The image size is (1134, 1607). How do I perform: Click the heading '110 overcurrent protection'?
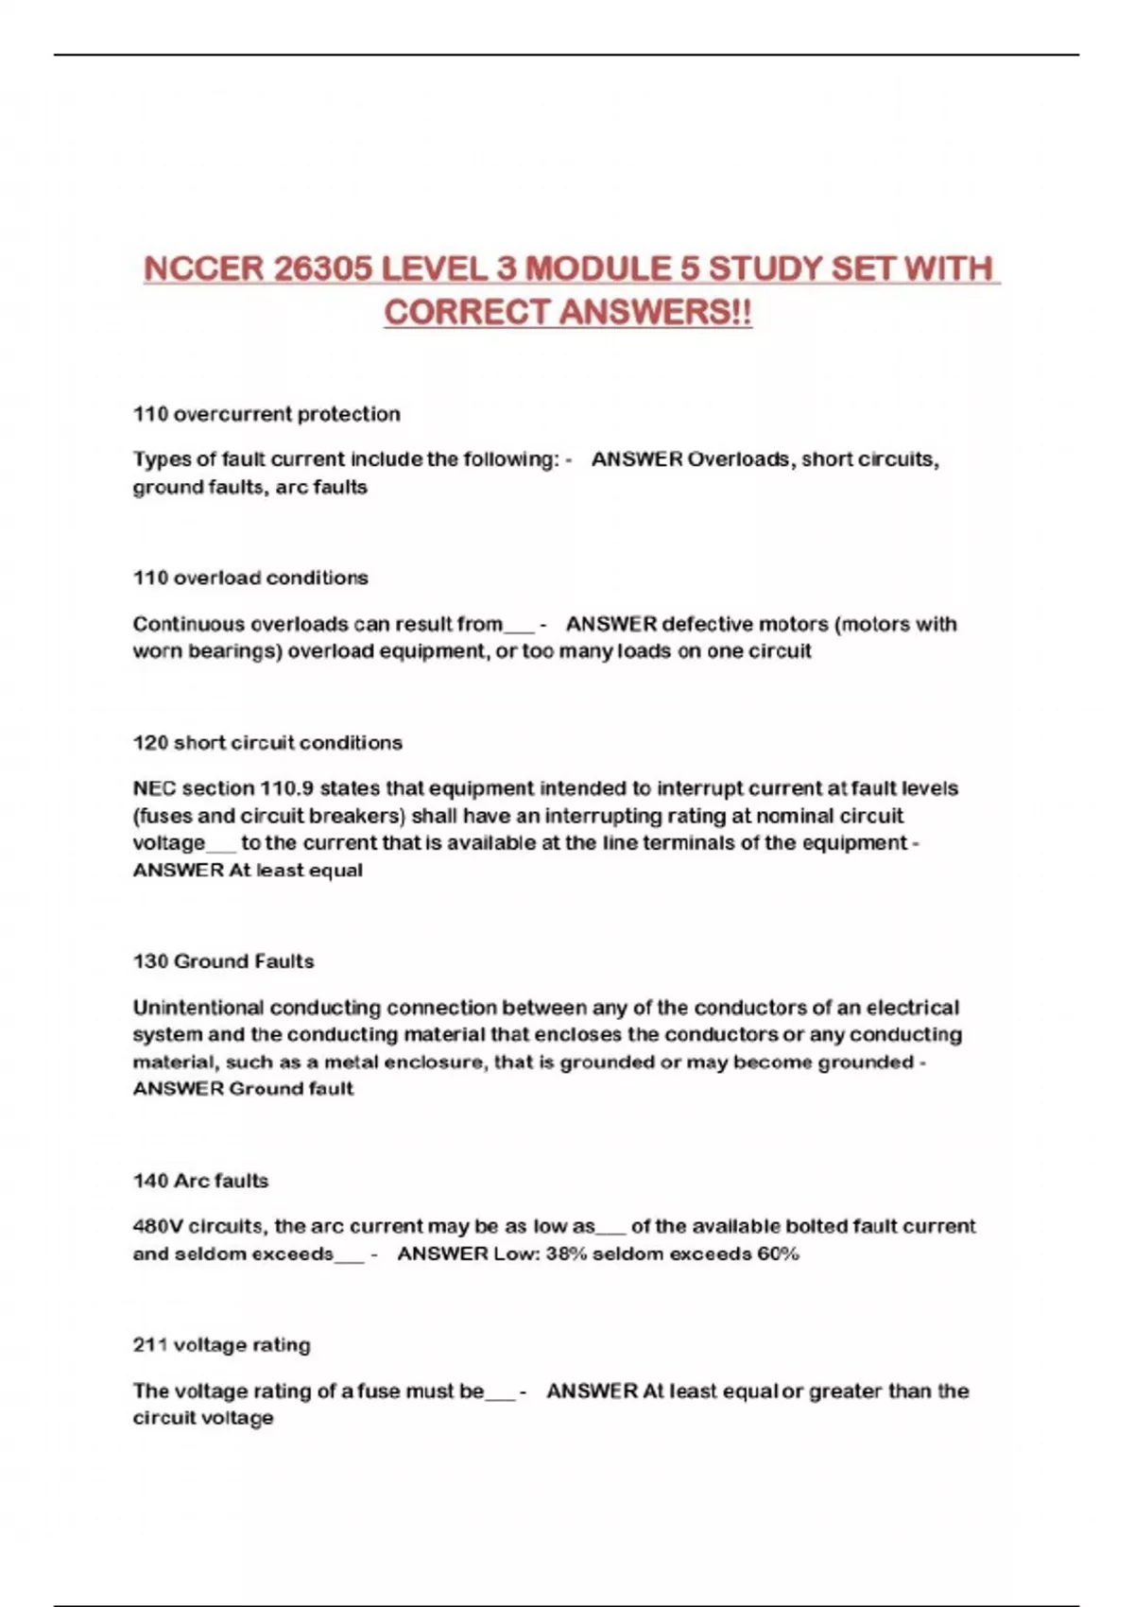[x=266, y=414]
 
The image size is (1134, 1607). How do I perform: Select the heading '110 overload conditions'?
[x=250, y=578]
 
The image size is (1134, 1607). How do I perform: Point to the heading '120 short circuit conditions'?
[x=267, y=743]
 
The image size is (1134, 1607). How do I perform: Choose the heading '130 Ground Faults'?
[x=223, y=961]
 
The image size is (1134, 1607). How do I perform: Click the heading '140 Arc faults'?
[x=200, y=1181]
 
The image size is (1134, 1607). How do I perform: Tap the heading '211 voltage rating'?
[x=221, y=1345]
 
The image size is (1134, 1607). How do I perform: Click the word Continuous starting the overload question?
[x=188, y=624]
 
